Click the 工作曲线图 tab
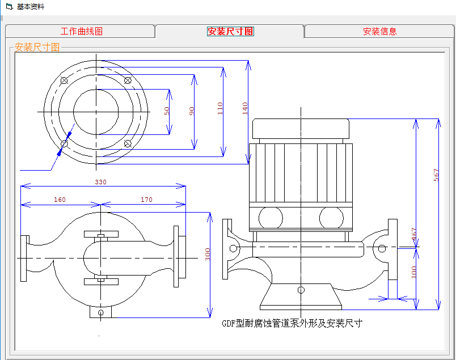coord(82,32)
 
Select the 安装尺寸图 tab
coord(230,32)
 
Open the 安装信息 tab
coord(379,32)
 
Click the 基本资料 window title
coord(30,7)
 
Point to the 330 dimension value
coord(101,182)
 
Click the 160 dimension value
coord(60,200)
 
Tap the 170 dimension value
coord(146,200)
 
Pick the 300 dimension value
coord(208,255)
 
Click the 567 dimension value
coord(436,175)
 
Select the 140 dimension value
coord(245,108)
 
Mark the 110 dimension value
coord(220,108)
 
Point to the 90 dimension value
coord(192,111)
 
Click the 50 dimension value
coord(167,111)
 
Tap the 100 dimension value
coord(413,272)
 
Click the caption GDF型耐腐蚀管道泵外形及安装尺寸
coord(292,323)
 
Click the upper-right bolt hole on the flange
coord(128,80)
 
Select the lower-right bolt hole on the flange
coord(128,143)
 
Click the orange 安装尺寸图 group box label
coord(37,48)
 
